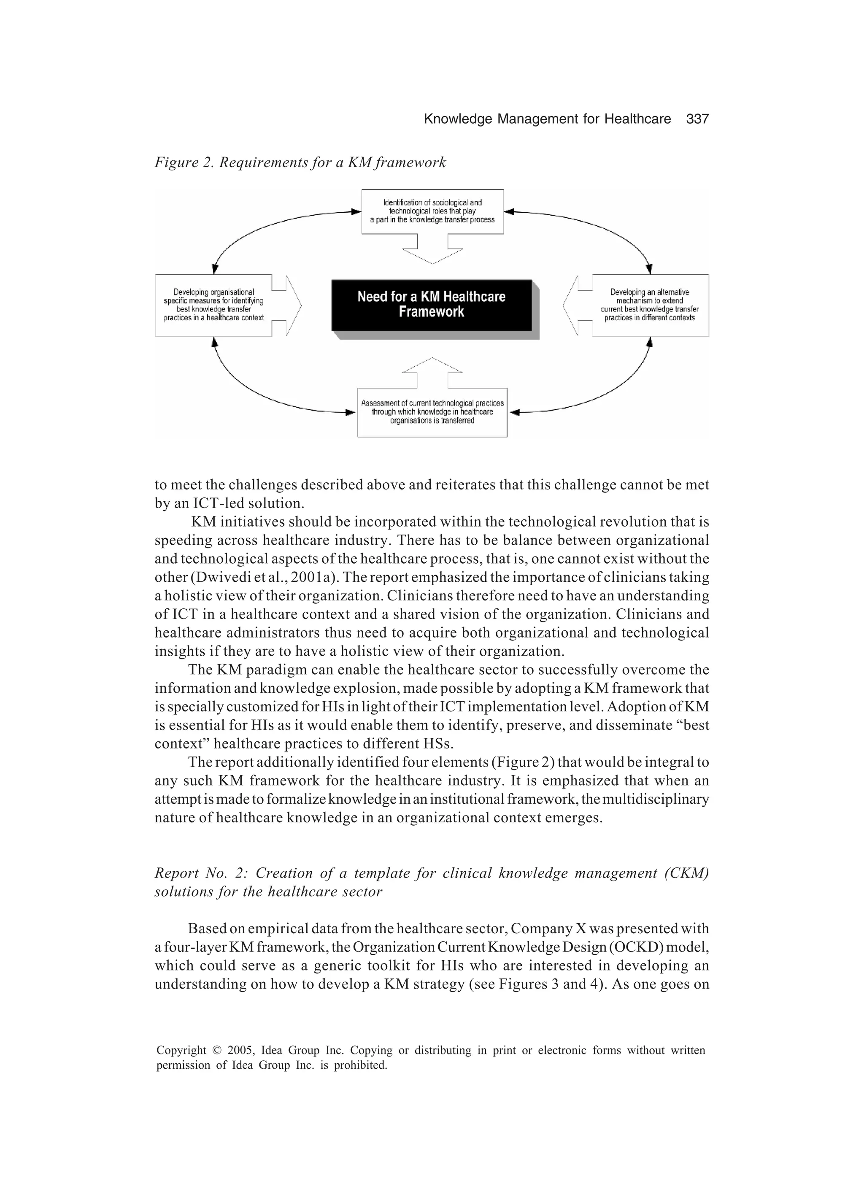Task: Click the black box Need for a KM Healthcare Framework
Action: click(x=431, y=305)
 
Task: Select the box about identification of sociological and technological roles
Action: click(x=432, y=211)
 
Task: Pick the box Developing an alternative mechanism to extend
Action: click(x=650, y=305)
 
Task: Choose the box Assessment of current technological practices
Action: click(x=432, y=412)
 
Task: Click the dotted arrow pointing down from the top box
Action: click(x=432, y=253)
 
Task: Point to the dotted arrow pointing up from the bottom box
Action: click(x=432, y=367)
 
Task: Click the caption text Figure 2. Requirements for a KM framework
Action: click(x=300, y=162)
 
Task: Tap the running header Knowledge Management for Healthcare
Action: click(x=547, y=119)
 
